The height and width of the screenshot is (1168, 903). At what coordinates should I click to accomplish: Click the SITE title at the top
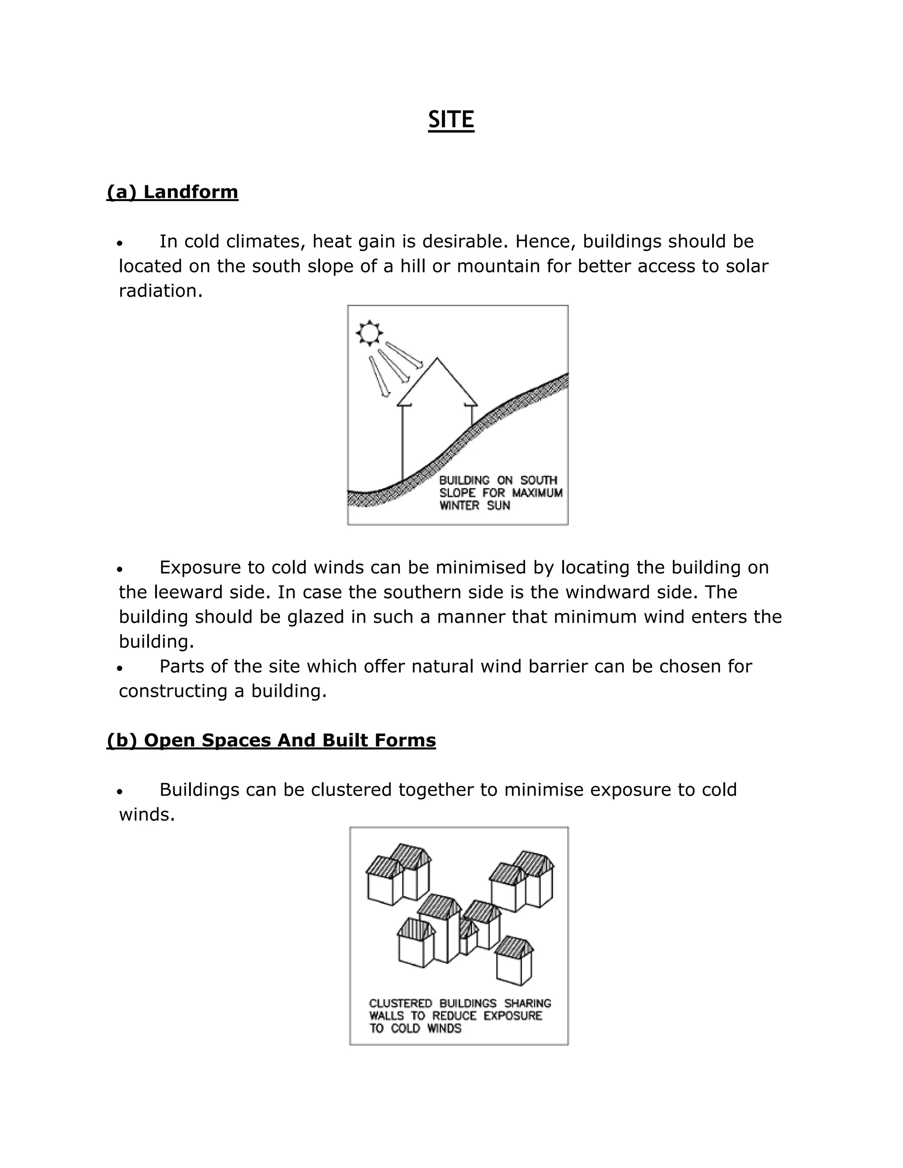(451, 119)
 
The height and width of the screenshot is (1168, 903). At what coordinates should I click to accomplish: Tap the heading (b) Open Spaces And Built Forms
(271, 740)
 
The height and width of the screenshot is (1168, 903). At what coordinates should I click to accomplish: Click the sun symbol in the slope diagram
(369, 333)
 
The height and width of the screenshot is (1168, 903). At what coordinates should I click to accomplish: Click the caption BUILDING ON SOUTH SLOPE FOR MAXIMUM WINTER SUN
(500, 493)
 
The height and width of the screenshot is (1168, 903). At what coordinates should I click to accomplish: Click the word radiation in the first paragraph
(160, 291)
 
